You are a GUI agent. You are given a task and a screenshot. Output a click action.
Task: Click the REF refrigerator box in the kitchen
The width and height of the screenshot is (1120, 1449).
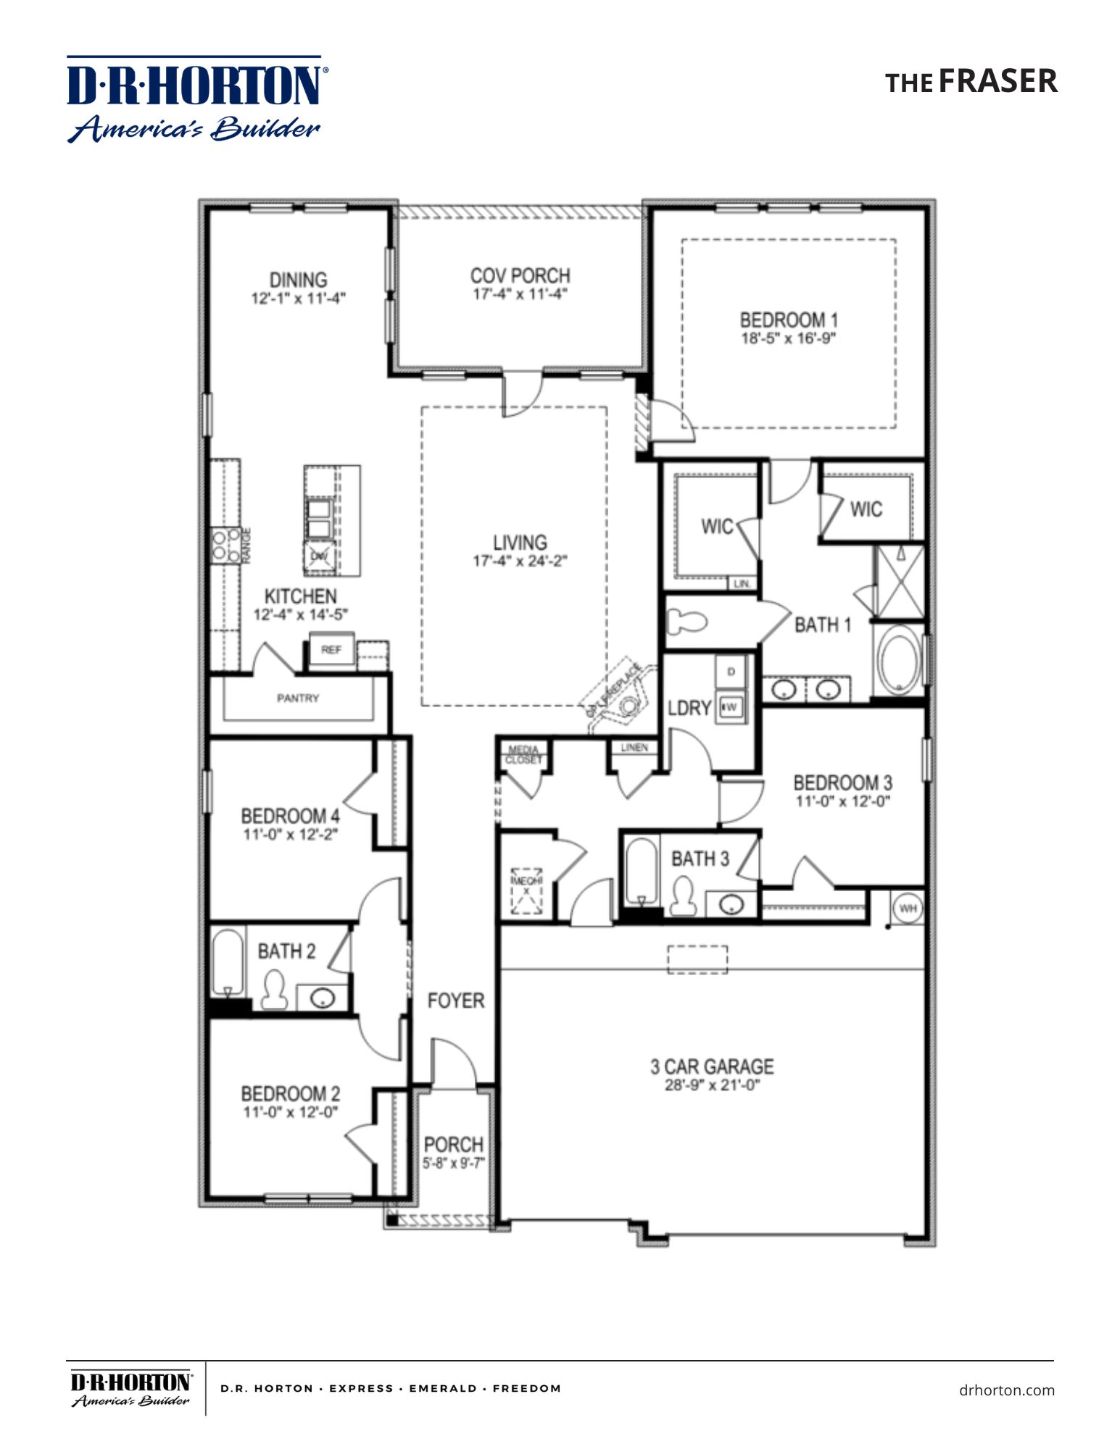point(331,649)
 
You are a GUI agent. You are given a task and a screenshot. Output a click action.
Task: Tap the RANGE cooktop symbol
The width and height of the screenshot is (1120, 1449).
point(225,546)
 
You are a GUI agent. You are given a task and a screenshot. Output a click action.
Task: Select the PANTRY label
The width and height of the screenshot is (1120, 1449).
point(297,698)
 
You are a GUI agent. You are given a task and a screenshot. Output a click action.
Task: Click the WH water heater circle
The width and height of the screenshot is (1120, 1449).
point(908,907)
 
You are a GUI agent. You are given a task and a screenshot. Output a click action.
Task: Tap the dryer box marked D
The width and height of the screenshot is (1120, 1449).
point(731,672)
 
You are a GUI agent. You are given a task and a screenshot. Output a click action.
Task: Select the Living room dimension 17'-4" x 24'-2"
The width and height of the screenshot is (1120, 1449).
point(520,561)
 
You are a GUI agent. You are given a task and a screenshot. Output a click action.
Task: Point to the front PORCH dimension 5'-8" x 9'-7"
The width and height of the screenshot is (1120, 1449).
point(454,1164)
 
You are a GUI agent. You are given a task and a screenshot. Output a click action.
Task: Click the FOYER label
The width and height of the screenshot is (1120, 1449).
point(455,1001)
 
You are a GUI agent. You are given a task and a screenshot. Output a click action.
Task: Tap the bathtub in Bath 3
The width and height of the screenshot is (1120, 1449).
point(642,871)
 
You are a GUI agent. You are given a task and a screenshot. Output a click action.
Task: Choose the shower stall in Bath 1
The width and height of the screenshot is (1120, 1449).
point(900,582)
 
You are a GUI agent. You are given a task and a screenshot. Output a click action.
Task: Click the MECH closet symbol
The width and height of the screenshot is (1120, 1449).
point(526,890)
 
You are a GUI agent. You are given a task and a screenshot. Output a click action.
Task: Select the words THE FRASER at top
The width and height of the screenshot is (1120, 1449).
point(971,81)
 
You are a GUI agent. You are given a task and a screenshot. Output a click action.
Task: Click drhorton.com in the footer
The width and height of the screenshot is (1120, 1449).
point(1006,1390)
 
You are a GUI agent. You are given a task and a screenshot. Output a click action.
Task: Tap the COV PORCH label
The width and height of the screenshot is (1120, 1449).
point(520,275)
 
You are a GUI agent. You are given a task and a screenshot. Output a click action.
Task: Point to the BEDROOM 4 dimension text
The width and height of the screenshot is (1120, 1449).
point(290,835)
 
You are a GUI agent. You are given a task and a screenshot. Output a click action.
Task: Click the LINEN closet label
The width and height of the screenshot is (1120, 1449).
point(634,747)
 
